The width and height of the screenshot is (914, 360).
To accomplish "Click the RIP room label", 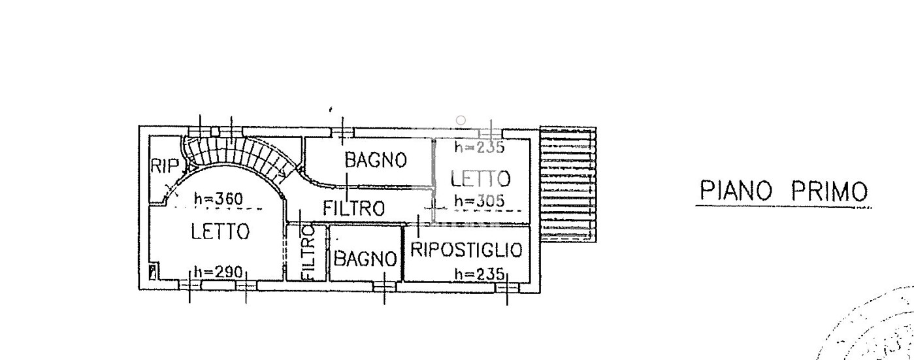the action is [165, 166].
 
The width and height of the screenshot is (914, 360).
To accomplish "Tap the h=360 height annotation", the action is [218, 199].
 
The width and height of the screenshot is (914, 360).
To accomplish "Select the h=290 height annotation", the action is [218, 272].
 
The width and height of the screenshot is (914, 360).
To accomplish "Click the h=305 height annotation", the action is [480, 201].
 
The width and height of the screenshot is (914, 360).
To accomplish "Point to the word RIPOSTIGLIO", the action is [466, 250].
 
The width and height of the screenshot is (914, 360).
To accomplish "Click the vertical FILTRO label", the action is [308, 253].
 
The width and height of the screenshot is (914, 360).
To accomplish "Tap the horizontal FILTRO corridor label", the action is [353, 208].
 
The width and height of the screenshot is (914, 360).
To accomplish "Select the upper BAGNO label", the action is [376, 159].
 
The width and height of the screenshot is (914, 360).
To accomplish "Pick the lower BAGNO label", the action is [365, 258].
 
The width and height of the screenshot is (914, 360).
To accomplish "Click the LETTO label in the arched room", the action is [220, 231].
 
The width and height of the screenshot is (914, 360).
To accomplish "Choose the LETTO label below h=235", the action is [481, 179].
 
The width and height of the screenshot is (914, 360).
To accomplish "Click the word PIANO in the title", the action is [736, 191].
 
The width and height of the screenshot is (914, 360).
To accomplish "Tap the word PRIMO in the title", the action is [829, 191].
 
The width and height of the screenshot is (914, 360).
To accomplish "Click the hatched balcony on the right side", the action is [568, 184].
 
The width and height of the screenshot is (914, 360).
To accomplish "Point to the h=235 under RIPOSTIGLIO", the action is [480, 274].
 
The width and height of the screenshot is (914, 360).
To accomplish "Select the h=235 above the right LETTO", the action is [480, 146].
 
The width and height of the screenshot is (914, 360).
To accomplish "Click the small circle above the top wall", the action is [461, 120].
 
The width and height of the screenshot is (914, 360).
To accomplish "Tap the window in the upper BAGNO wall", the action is [342, 133].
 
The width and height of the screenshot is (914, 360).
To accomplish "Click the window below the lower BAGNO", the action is [384, 287].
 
